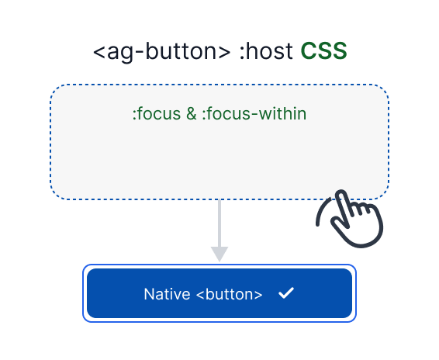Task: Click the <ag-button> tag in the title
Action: point(161,53)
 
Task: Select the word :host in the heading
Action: point(264,53)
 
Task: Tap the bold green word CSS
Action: point(324,53)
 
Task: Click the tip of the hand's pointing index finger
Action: point(342,191)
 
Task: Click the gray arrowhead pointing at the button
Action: point(219,254)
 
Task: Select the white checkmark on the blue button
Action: point(285,293)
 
